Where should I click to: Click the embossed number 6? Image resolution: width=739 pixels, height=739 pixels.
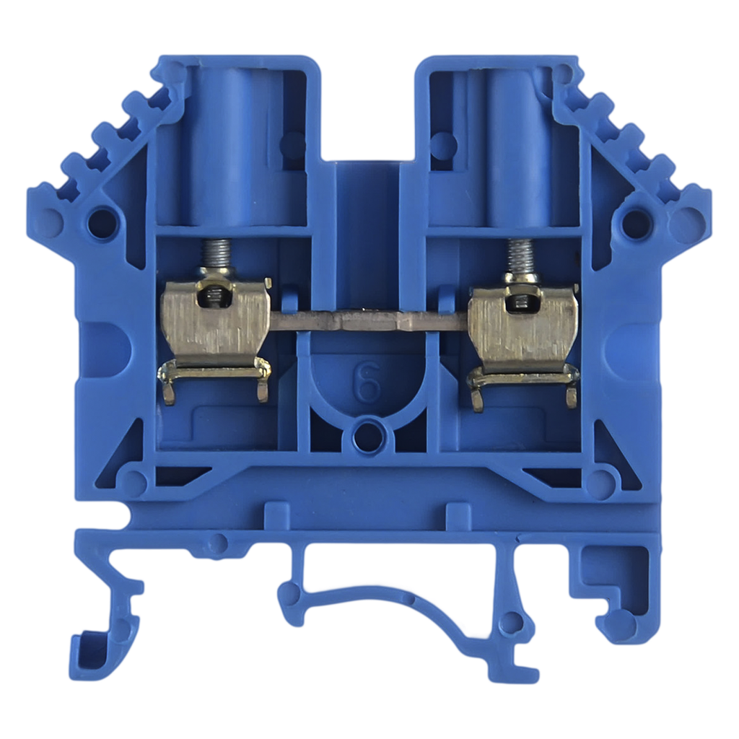tap(367, 382)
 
